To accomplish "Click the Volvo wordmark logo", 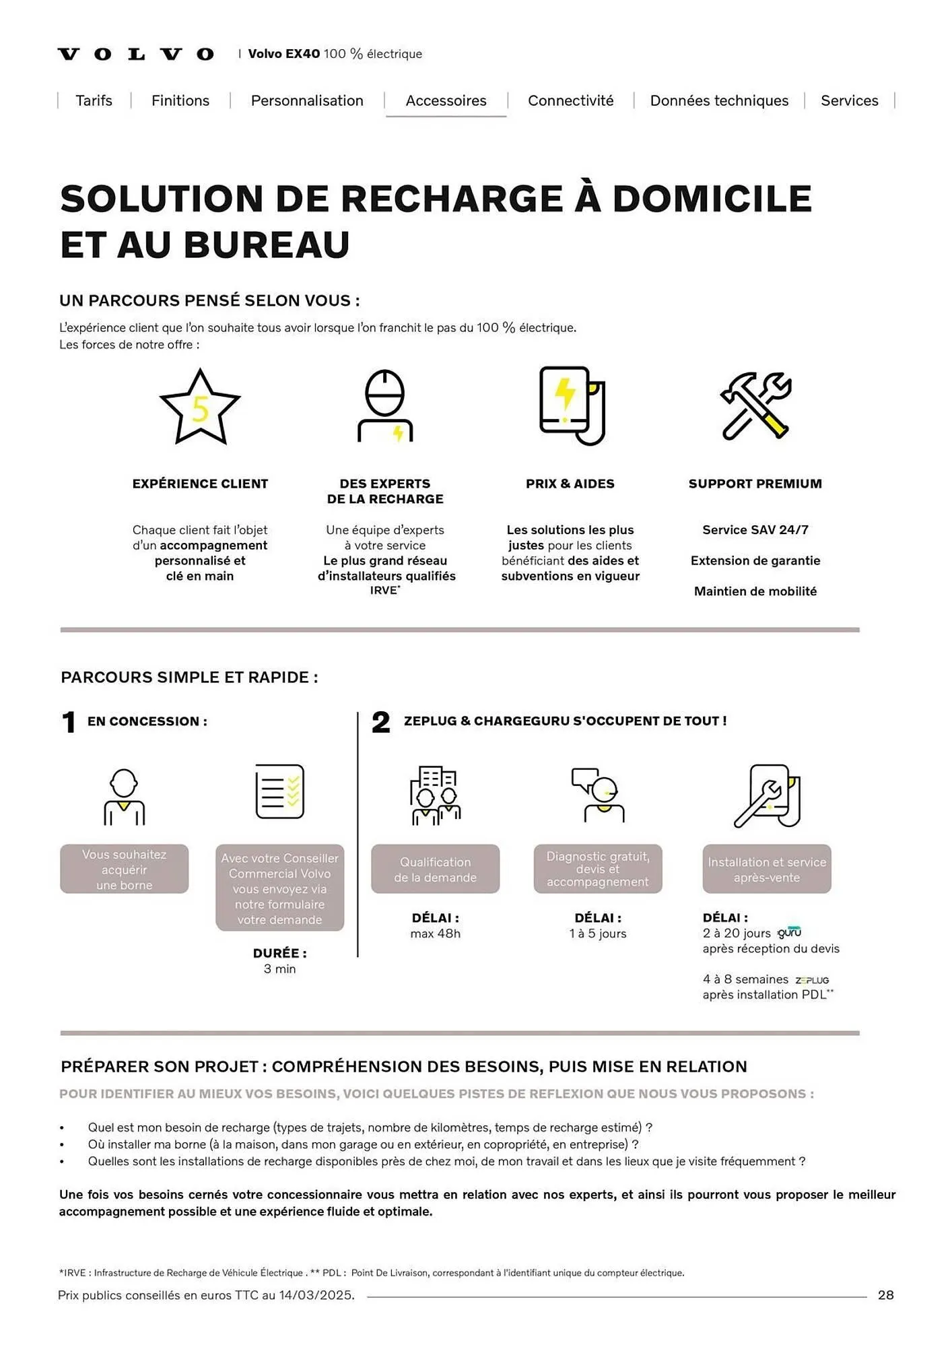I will (x=136, y=54).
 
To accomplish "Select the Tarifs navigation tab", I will (x=94, y=101).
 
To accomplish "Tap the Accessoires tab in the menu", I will (x=446, y=101).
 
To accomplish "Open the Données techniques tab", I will (x=719, y=101).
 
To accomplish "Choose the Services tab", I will (x=849, y=101).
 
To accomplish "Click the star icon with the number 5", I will (x=200, y=407).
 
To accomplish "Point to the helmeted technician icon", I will (x=384, y=405).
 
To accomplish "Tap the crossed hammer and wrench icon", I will (x=755, y=405).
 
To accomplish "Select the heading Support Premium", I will (x=755, y=484).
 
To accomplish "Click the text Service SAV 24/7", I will (x=755, y=530).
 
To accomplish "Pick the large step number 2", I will (x=381, y=722).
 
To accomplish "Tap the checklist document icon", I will (x=279, y=791).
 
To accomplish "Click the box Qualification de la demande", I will (x=436, y=869).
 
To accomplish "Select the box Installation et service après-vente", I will (x=767, y=869).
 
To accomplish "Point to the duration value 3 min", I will (x=279, y=969).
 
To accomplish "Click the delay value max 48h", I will (x=436, y=934).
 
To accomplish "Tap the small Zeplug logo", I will (x=812, y=981).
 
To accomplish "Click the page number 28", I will (x=885, y=1295).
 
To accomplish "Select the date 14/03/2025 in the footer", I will (x=316, y=1295).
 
